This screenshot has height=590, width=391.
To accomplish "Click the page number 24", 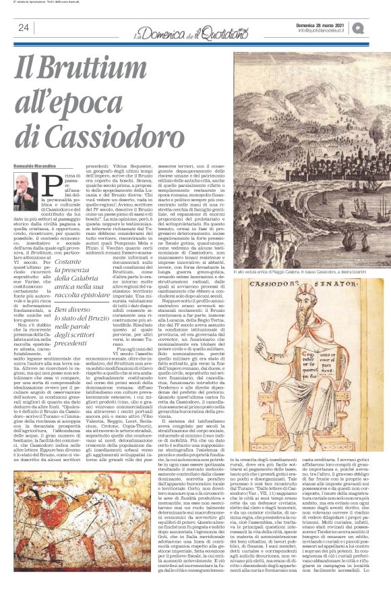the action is tap(24, 28).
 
